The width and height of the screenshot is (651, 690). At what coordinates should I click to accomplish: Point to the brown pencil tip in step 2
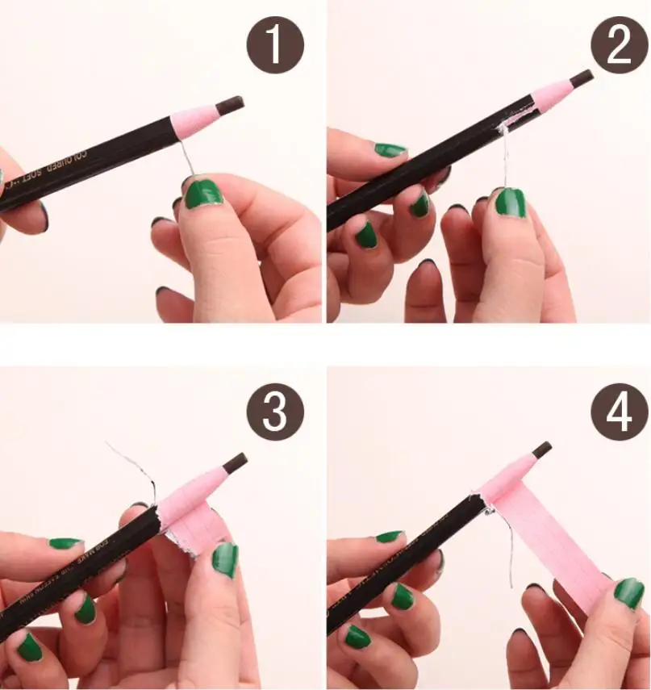pyautogui.click(x=581, y=78)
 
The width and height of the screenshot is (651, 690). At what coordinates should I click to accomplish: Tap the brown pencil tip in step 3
pyautogui.click(x=236, y=462)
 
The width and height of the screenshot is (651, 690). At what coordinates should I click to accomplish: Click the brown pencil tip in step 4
pyautogui.click(x=541, y=449)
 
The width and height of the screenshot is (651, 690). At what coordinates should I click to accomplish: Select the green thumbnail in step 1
pyautogui.click(x=203, y=194)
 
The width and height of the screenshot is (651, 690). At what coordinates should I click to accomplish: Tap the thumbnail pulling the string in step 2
pyautogui.click(x=510, y=202)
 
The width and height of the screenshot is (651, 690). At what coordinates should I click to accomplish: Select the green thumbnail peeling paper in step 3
pyautogui.click(x=225, y=558)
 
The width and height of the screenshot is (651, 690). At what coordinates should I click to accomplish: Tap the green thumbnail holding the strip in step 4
pyautogui.click(x=628, y=593)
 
